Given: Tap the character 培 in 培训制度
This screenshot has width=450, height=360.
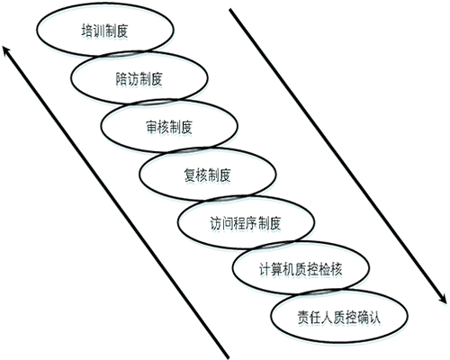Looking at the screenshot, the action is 87,31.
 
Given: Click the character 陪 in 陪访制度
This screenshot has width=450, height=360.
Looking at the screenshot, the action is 121,79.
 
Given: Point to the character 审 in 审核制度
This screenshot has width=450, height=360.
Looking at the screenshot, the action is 151,127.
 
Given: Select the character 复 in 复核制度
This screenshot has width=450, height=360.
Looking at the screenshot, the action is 190,175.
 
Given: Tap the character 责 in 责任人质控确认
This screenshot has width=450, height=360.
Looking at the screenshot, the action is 303,318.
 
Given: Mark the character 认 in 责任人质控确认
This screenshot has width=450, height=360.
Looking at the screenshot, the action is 374,318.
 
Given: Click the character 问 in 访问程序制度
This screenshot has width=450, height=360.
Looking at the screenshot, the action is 228,223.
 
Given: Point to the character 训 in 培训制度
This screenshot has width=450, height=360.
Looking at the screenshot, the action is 99,31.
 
